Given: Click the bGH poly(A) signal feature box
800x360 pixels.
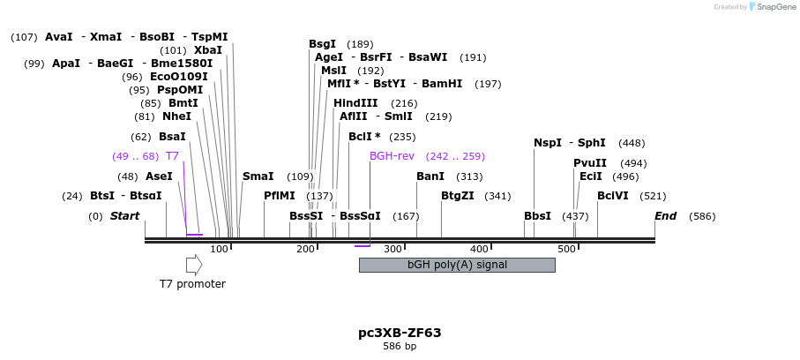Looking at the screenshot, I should [x=457, y=265].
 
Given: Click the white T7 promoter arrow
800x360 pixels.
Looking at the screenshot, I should [x=194, y=265].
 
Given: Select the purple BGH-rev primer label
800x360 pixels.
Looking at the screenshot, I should [x=392, y=156].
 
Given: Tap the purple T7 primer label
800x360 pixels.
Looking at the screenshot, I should [x=172, y=156].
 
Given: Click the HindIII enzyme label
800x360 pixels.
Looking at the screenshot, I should [x=355, y=103].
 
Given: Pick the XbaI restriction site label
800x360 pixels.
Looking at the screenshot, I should [x=208, y=50].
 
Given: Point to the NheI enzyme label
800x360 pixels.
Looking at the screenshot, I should [x=176, y=116].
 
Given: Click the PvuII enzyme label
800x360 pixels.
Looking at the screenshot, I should [x=590, y=163].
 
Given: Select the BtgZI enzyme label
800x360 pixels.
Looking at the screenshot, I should [x=458, y=196].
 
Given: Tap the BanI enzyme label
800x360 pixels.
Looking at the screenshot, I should [x=430, y=176].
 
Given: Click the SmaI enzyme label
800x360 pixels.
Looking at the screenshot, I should [x=258, y=176].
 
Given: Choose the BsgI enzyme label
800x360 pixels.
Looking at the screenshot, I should [x=322, y=44].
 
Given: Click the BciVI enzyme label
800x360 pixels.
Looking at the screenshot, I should [x=613, y=196].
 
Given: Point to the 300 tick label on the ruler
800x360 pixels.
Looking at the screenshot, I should [x=393, y=250].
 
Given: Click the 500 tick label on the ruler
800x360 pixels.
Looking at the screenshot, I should [x=566, y=250].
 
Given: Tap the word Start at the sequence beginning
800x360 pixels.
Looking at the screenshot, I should [x=124, y=216].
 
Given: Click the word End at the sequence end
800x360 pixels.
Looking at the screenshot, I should [x=665, y=216].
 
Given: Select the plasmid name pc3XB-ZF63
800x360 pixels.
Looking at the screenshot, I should [x=400, y=333].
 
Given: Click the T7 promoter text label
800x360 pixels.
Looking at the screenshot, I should [x=192, y=284].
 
